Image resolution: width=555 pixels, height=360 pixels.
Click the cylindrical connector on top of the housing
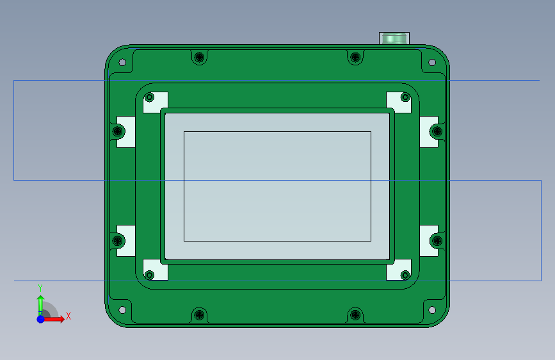point(394,38)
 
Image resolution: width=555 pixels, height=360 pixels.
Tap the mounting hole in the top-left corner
point(122,62)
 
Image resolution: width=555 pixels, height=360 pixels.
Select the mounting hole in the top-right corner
point(432,62)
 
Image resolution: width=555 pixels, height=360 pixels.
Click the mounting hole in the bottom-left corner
point(122,310)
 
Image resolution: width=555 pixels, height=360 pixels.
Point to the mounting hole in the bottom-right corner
point(432,310)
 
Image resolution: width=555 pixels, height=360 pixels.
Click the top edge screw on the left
point(199,57)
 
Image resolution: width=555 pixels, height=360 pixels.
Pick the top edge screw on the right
point(355,57)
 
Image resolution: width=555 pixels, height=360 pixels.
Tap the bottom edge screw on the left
point(199,315)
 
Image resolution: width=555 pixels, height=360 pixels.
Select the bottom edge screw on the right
point(355,315)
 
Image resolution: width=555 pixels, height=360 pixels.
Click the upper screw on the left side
point(118,131)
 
